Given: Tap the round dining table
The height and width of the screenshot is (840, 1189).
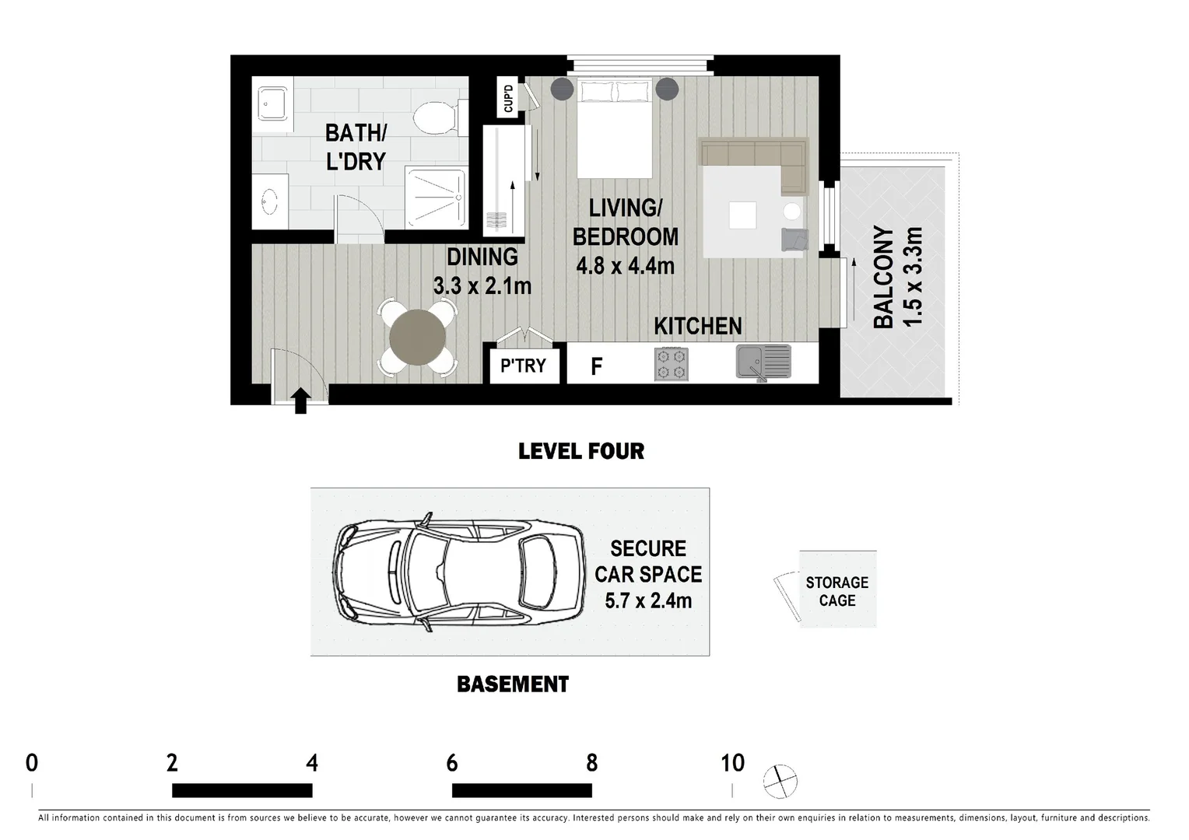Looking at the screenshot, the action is tap(417, 338).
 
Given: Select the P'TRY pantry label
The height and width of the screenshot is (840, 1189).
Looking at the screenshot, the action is tap(523, 366).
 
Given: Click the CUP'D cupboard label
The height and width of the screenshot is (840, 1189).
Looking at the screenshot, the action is tap(508, 98).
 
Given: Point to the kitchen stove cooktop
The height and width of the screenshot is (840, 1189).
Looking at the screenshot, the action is tap(672, 364).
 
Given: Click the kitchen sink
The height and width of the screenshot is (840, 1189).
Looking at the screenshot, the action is tap(763, 363).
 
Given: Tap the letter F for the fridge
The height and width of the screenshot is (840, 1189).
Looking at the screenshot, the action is tap(597, 366).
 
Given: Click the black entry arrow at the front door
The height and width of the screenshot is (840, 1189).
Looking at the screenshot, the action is tap(300, 401).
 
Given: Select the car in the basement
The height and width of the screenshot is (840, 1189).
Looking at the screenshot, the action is tap(458, 572).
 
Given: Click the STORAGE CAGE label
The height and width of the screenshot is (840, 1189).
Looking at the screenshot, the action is tap(837, 591).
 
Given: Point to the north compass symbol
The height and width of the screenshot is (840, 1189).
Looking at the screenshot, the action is tap(780, 782).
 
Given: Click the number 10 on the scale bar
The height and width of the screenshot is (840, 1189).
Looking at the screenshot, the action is tap(732, 763).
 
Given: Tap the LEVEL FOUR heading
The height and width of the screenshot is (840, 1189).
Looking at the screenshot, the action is tap(581, 452).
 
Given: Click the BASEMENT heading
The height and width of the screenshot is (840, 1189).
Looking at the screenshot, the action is tap(513, 684).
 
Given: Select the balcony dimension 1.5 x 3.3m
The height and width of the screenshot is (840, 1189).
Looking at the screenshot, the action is tap(913, 276).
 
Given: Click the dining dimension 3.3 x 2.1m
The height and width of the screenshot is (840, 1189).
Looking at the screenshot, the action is tap(482, 286).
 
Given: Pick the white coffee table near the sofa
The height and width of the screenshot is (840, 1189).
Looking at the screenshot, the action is tap(742, 215).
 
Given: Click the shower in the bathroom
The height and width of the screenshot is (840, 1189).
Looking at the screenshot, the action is tap(437, 198).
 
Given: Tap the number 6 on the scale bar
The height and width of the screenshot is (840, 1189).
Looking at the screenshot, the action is tap(452, 763).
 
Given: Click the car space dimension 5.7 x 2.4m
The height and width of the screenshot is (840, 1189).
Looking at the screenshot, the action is tap(648, 600).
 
